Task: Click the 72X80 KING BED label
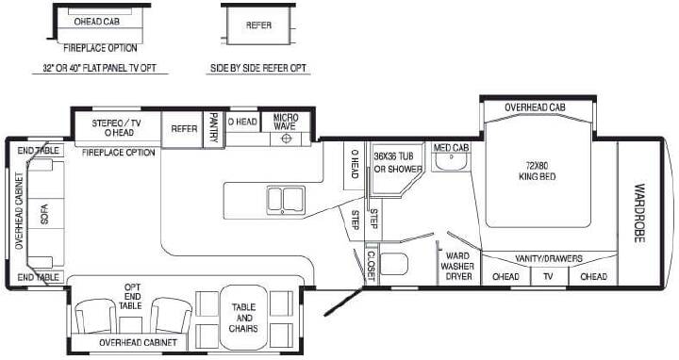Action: pos(537,171)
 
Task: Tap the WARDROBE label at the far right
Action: pos(639,213)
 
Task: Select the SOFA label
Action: pos(44,214)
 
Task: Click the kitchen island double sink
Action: pos(286,200)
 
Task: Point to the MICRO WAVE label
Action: pos(286,122)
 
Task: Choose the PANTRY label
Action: pos(213,127)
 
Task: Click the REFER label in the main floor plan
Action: pos(184,128)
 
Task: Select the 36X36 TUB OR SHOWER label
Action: pos(398,162)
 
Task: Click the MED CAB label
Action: pos(451,148)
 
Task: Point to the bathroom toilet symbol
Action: pos(393,264)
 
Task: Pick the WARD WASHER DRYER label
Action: pos(457,266)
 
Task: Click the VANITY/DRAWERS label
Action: pos(549,258)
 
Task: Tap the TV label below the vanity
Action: pos(548,276)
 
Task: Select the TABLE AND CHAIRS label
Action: pos(243,318)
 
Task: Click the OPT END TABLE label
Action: pos(132,297)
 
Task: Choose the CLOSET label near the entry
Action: pos(372,265)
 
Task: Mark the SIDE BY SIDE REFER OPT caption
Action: pos(258,68)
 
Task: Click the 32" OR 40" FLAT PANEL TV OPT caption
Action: pos(100,68)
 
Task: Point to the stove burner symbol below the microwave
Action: pos(286,139)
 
